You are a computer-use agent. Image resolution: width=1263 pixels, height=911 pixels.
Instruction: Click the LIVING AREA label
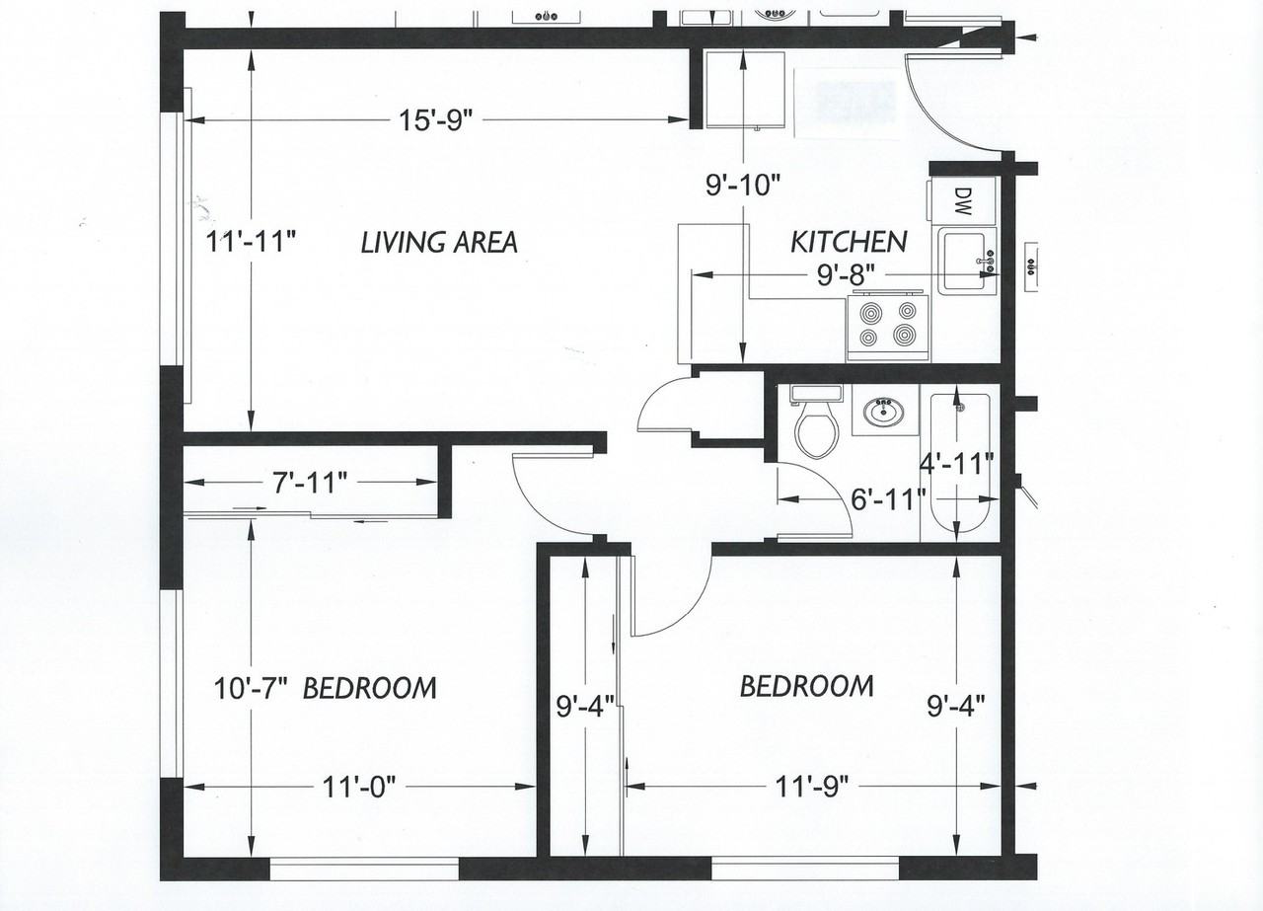click(x=438, y=242)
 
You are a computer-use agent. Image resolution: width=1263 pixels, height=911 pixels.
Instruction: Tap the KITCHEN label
click(x=849, y=242)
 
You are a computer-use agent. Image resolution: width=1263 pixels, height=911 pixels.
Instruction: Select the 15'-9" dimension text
click(x=436, y=120)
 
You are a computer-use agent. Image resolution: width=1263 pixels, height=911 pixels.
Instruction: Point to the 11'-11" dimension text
click(x=252, y=242)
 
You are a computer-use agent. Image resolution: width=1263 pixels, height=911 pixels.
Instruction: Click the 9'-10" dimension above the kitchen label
click(x=743, y=183)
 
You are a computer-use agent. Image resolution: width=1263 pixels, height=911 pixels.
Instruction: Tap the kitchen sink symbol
click(x=967, y=261)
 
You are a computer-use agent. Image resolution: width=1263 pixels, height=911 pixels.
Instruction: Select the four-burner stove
click(x=888, y=326)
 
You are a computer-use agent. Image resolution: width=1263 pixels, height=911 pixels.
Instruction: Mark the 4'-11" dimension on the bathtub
click(x=955, y=463)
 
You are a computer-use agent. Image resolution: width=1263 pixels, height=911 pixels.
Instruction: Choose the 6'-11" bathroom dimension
click(x=888, y=498)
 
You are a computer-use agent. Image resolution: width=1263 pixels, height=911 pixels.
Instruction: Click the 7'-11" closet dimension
click(x=310, y=483)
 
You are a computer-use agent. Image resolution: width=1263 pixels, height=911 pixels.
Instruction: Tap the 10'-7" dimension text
click(x=251, y=688)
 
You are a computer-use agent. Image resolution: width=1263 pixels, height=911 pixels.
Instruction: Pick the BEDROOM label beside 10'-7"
click(x=369, y=688)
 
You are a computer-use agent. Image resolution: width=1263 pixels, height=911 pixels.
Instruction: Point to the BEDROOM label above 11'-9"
click(x=806, y=686)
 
